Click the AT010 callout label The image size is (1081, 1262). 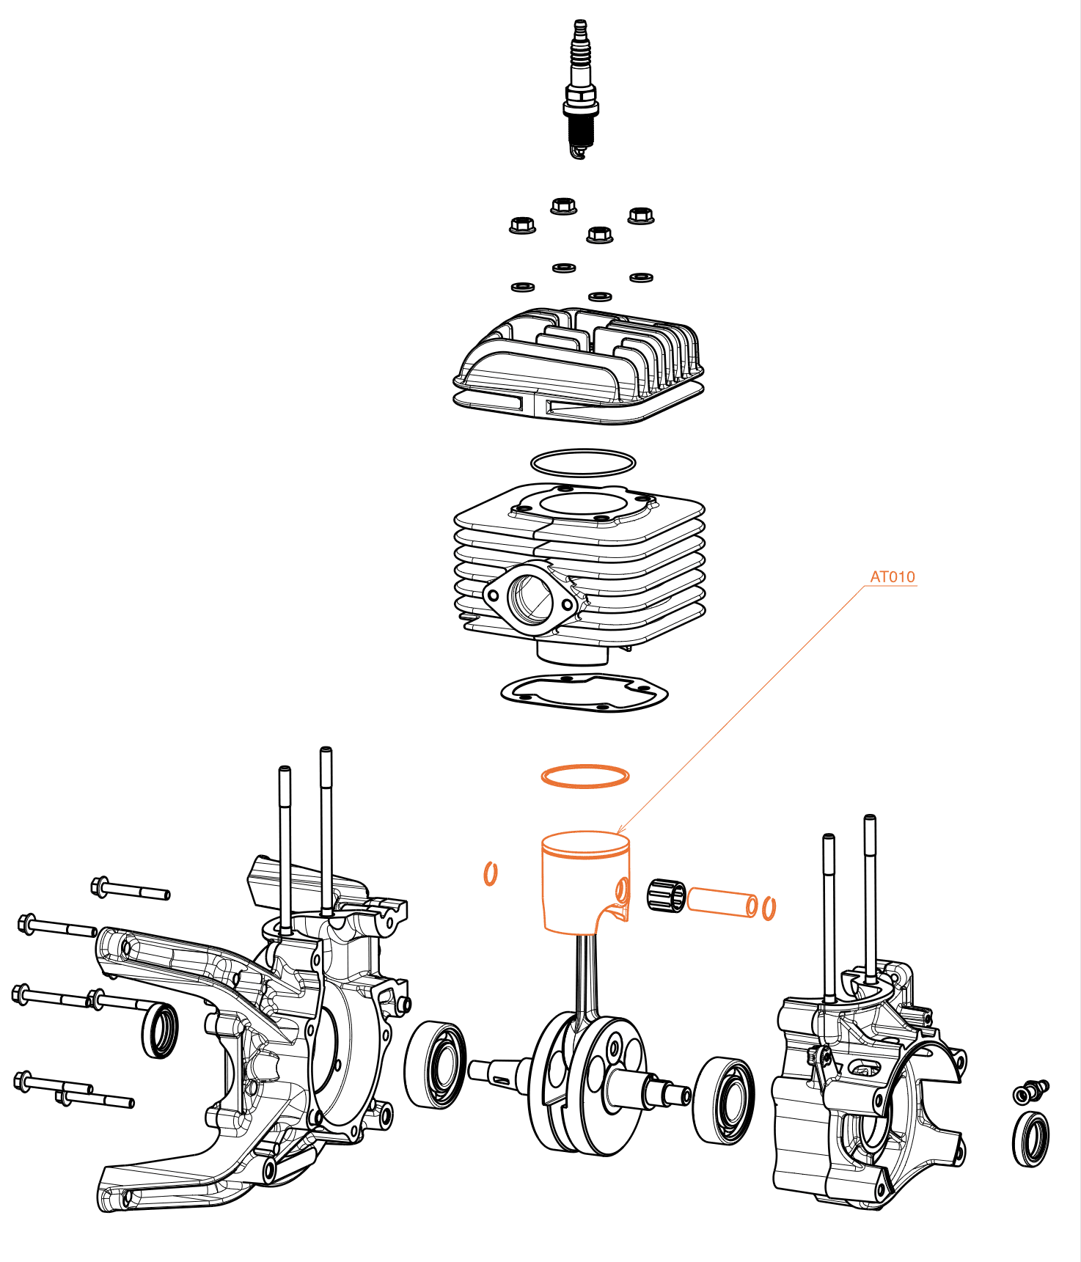[893, 577]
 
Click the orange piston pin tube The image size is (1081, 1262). [722, 901]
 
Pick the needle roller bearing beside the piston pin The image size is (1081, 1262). [666, 895]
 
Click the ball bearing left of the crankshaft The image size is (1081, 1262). [435, 1064]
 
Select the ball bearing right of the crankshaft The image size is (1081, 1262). [724, 1100]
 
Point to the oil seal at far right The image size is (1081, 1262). [1030, 1139]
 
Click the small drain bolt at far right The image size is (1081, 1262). [1030, 1092]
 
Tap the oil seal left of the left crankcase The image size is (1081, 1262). [159, 1030]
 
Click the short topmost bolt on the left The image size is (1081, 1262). [130, 889]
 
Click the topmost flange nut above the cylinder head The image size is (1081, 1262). [563, 205]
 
